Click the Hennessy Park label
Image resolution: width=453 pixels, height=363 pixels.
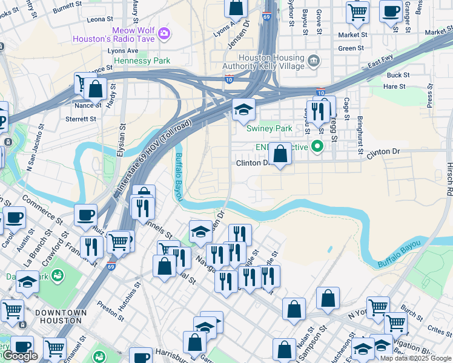point(139,60)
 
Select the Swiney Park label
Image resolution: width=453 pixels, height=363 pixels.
point(269,128)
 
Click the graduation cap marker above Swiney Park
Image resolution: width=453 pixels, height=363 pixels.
point(243,110)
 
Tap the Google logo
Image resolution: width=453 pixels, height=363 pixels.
point(20,356)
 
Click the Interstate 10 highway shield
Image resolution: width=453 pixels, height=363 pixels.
point(228,79)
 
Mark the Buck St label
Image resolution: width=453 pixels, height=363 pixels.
point(398,75)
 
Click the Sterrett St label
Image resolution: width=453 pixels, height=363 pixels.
point(81,119)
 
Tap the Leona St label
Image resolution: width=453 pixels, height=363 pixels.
point(96,19)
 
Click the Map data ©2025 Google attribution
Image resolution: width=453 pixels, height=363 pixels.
point(415,358)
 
